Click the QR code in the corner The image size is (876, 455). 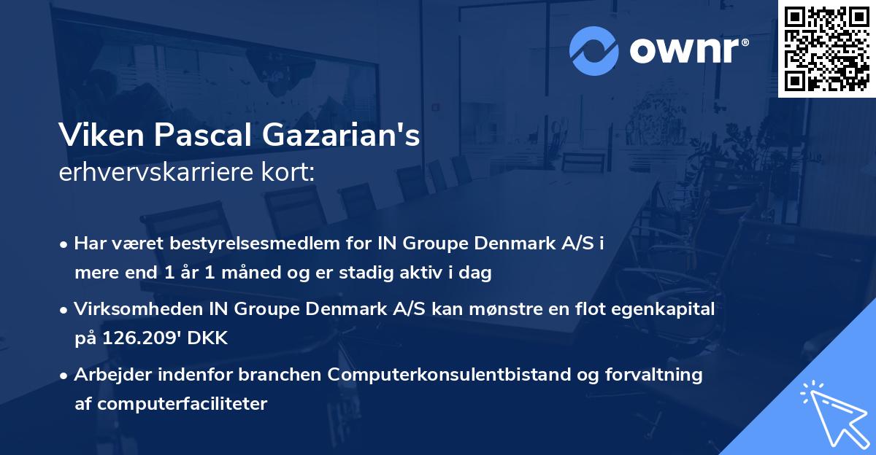(827, 48)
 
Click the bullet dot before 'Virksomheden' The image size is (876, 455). (65, 310)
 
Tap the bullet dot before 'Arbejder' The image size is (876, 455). (65, 376)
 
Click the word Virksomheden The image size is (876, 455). (131, 309)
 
